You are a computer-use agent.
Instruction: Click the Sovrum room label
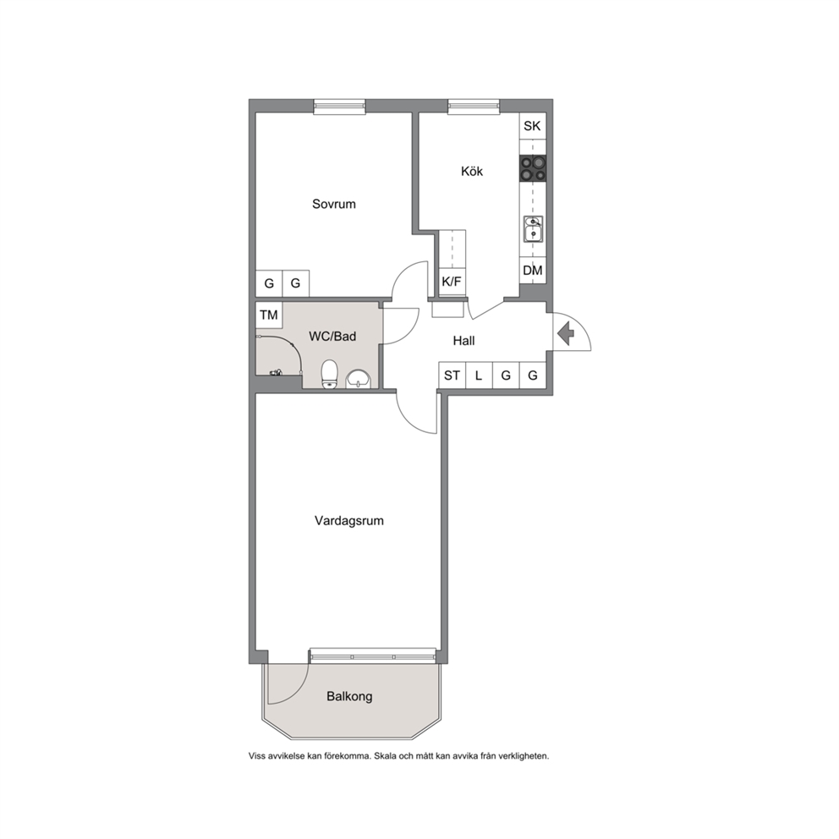[334, 204]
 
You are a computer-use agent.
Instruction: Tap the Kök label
[472, 171]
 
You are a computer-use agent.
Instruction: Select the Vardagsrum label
[348, 521]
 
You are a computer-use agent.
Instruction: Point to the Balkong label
[349, 697]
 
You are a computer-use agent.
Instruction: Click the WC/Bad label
[332, 337]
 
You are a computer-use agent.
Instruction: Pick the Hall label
[463, 341]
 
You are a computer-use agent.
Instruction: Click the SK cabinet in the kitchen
[532, 126]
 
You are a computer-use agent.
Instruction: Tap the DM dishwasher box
[532, 271]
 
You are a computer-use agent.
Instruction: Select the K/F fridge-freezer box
[452, 282]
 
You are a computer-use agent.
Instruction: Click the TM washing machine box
[269, 315]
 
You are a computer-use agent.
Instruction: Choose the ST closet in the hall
[452, 376]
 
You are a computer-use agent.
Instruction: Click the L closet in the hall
[479, 376]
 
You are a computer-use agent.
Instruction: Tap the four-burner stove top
[532, 168]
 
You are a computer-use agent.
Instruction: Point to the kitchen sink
[533, 229]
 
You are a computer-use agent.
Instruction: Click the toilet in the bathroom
[329, 374]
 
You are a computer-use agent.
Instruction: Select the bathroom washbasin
[358, 379]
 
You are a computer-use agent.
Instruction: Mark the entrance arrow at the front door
[566, 334]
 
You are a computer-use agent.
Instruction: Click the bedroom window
[339, 107]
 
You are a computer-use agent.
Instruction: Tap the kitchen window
[474, 107]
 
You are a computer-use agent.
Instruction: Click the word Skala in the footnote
[386, 757]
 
